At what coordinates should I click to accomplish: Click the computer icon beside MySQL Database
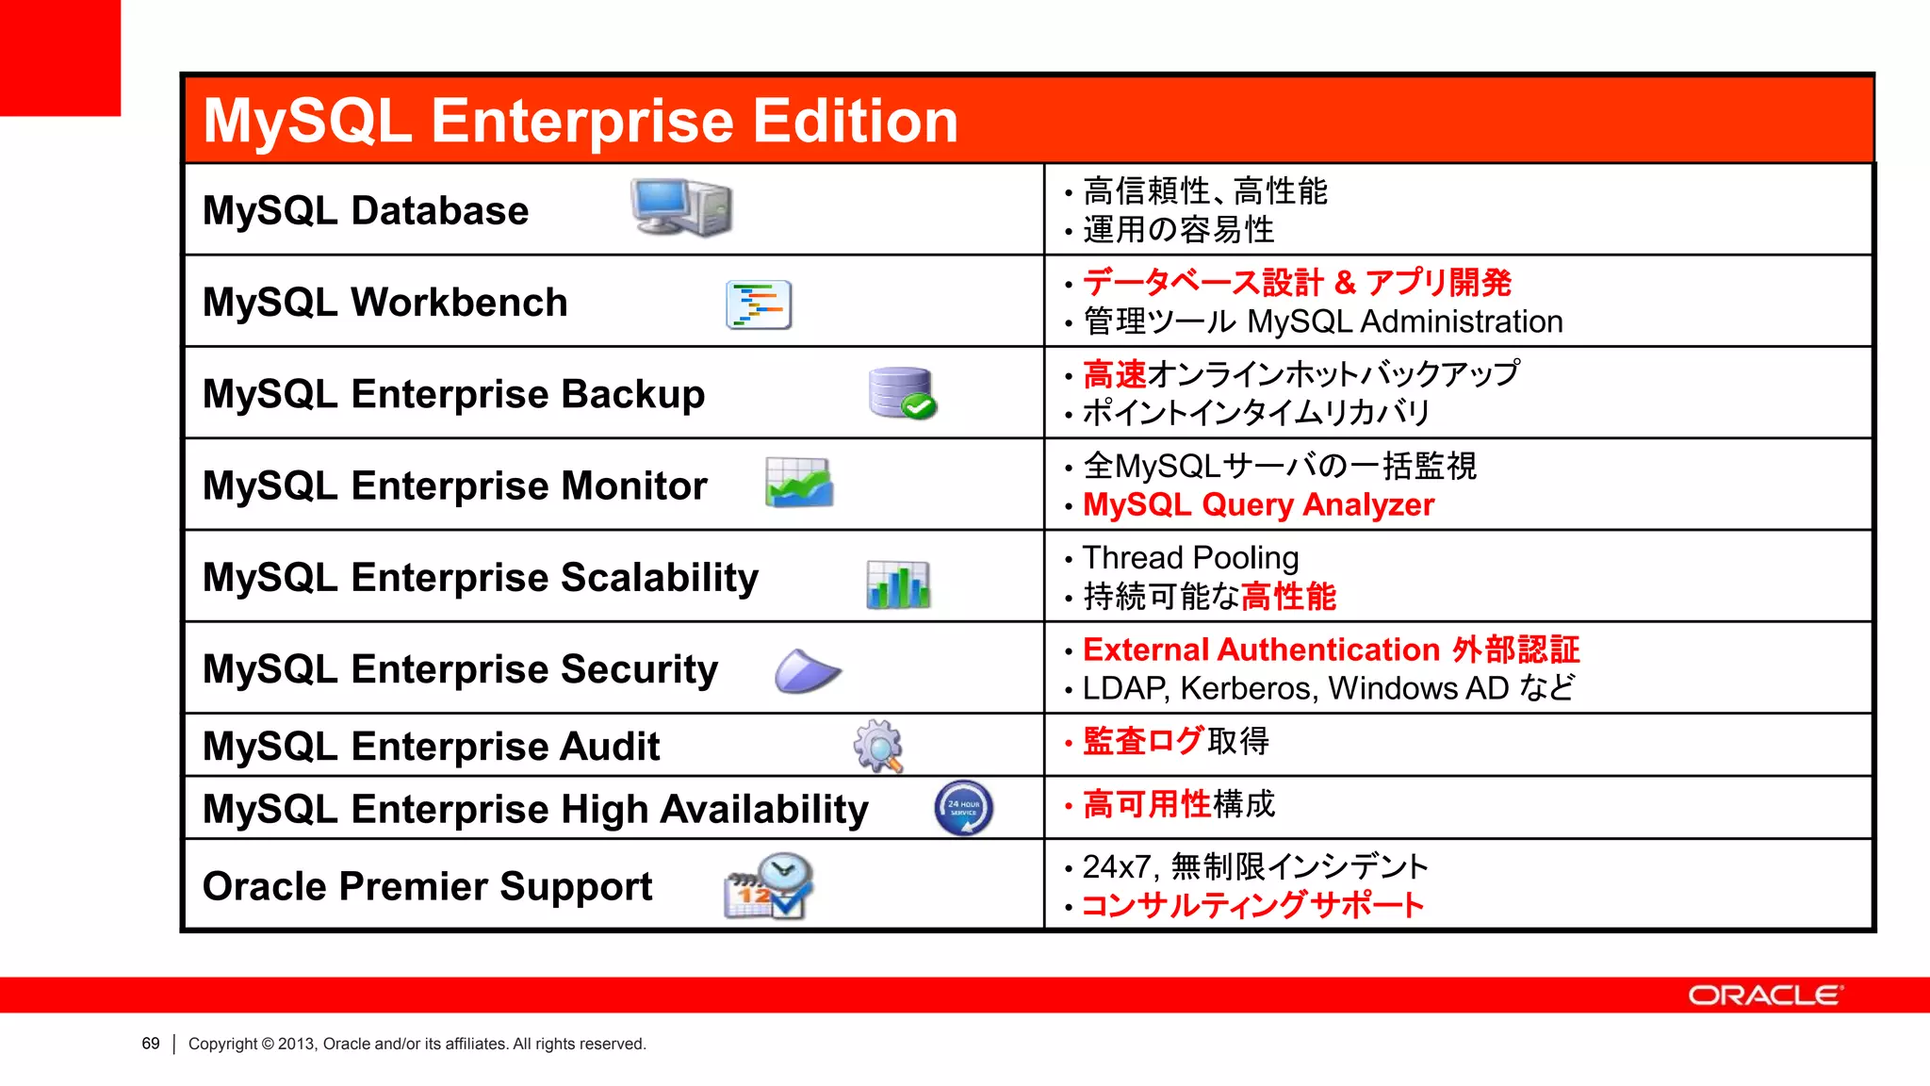pos(681,207)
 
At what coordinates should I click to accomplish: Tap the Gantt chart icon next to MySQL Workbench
pos(759,304)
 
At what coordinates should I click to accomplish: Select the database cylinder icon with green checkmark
pos(902,392)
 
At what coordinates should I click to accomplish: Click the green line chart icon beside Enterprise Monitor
pos(799,483)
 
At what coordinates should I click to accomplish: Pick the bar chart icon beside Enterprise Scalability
pos(898,584)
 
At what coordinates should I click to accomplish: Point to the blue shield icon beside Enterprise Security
pos(807,671)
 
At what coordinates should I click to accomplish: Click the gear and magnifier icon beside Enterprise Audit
pos(878,746)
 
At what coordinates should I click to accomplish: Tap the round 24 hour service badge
pos(963,808)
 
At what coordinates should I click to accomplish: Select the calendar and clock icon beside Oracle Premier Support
pos(769,886)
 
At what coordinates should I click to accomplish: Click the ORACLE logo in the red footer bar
pos(1765,995)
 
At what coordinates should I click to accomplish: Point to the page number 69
pos(151,1044)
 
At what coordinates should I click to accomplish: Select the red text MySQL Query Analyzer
pos(1258,505)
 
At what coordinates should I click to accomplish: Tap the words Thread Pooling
pos(1190,558)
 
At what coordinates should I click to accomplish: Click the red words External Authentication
pos(1261,650)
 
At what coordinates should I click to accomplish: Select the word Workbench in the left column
pos(459,303)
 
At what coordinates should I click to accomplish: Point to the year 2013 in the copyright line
pos(296,1044)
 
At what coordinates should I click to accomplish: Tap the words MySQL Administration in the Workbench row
pos(1405,322)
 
